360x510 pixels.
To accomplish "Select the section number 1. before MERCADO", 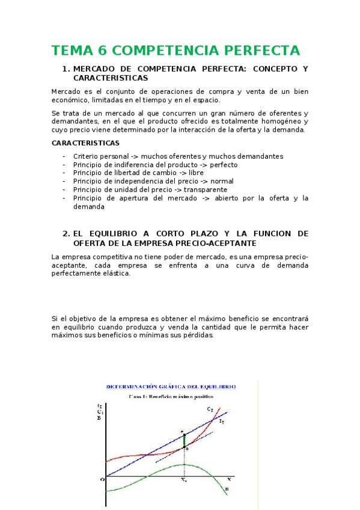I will click(66, 69).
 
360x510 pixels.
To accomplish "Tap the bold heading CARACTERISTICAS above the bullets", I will click(85, 143).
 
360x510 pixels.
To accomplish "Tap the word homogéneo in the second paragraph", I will click(277, 121).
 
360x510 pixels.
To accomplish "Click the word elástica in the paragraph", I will click(114, 274).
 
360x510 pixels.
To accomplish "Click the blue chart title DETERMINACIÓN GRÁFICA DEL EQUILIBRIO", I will click(171, 387).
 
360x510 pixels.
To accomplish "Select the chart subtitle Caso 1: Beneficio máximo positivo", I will click(171, 397).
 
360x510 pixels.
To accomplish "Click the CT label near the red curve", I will click(210, 409).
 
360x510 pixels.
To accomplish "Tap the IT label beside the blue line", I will click(222, 422).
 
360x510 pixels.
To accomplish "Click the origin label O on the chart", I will click(102, 479).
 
